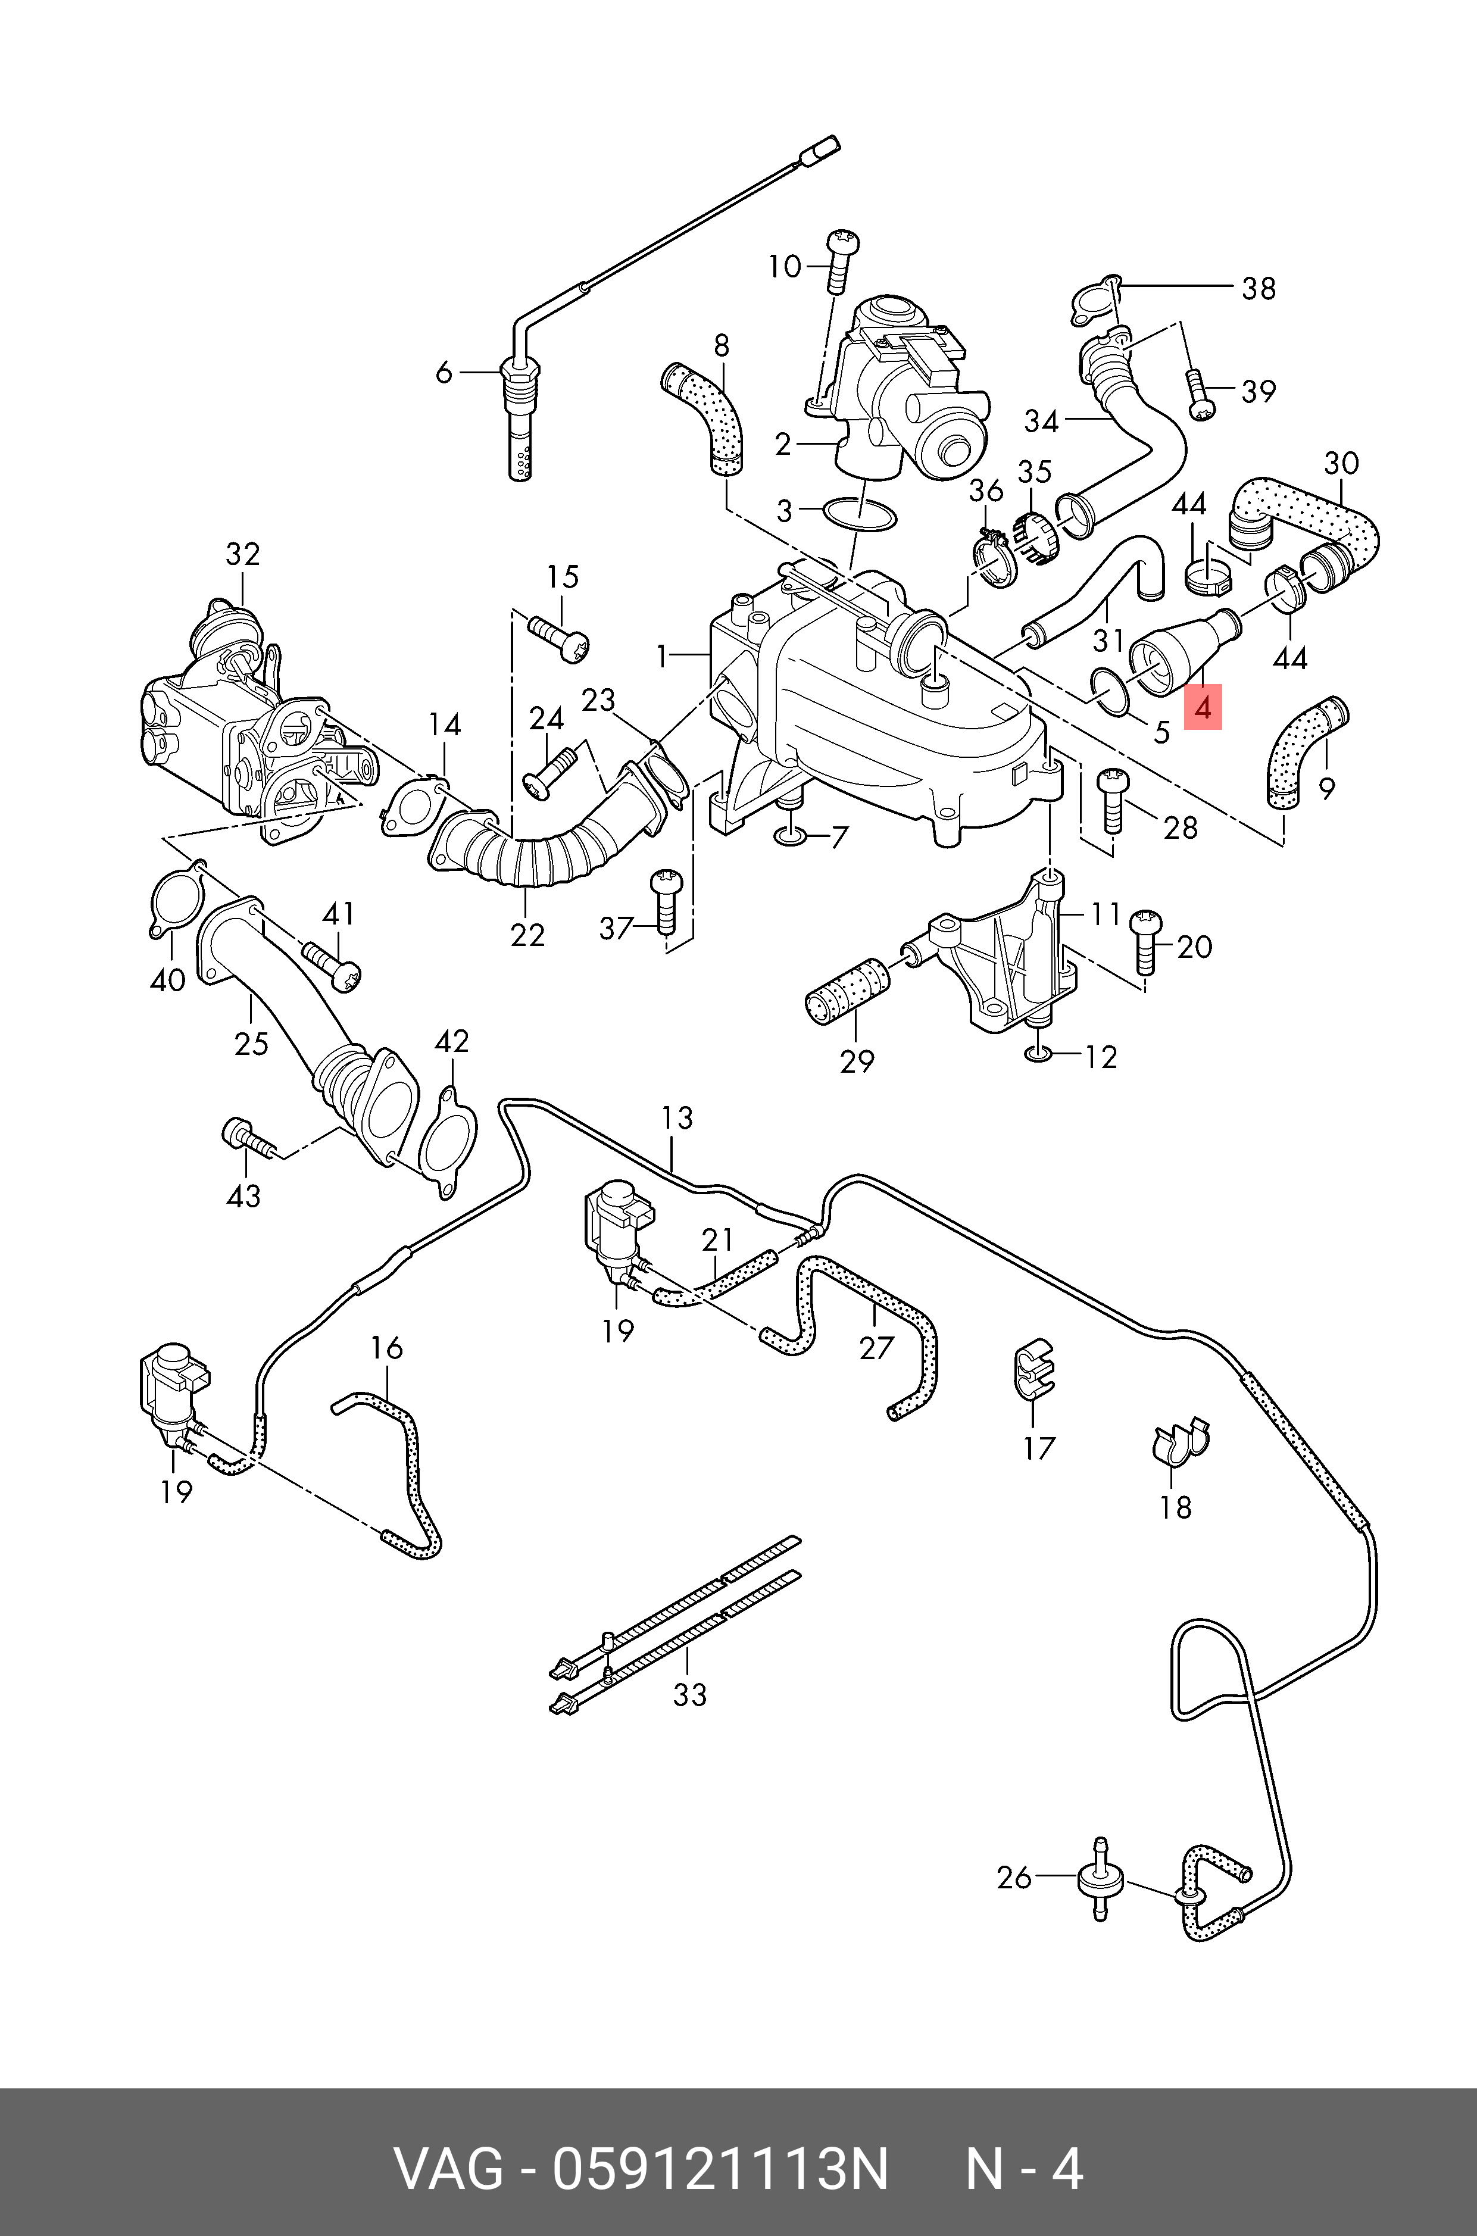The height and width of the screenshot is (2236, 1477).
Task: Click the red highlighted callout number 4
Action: (x=1203, y=707)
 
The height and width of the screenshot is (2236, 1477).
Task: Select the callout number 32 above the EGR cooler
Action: (x=242, y=554)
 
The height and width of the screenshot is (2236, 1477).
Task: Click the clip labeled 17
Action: (x=1033, y=1367)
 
